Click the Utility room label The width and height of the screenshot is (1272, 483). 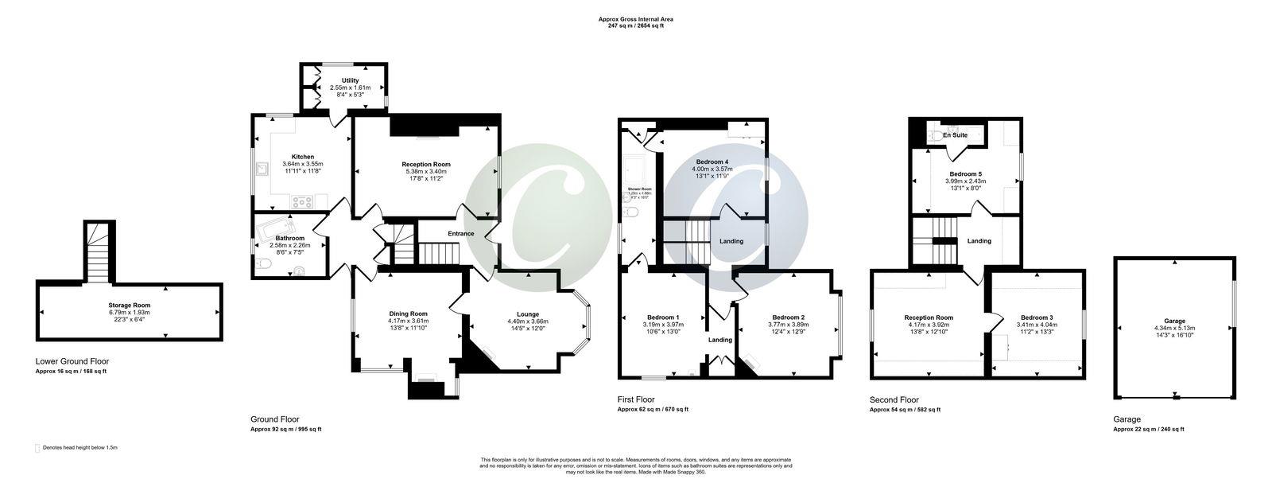350,80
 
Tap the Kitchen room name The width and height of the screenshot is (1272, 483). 302,157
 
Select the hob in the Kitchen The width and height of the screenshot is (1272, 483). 302,202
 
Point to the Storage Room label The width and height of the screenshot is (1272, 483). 130,305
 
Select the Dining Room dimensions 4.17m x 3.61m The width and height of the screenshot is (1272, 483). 408,321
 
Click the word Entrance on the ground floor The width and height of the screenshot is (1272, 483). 460,234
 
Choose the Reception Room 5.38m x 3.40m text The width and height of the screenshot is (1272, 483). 426,171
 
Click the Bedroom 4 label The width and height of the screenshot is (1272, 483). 711,162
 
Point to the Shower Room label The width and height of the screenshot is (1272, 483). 640,189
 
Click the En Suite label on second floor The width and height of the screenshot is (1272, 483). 955,135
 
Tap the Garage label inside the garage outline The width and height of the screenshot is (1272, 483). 1174,321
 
